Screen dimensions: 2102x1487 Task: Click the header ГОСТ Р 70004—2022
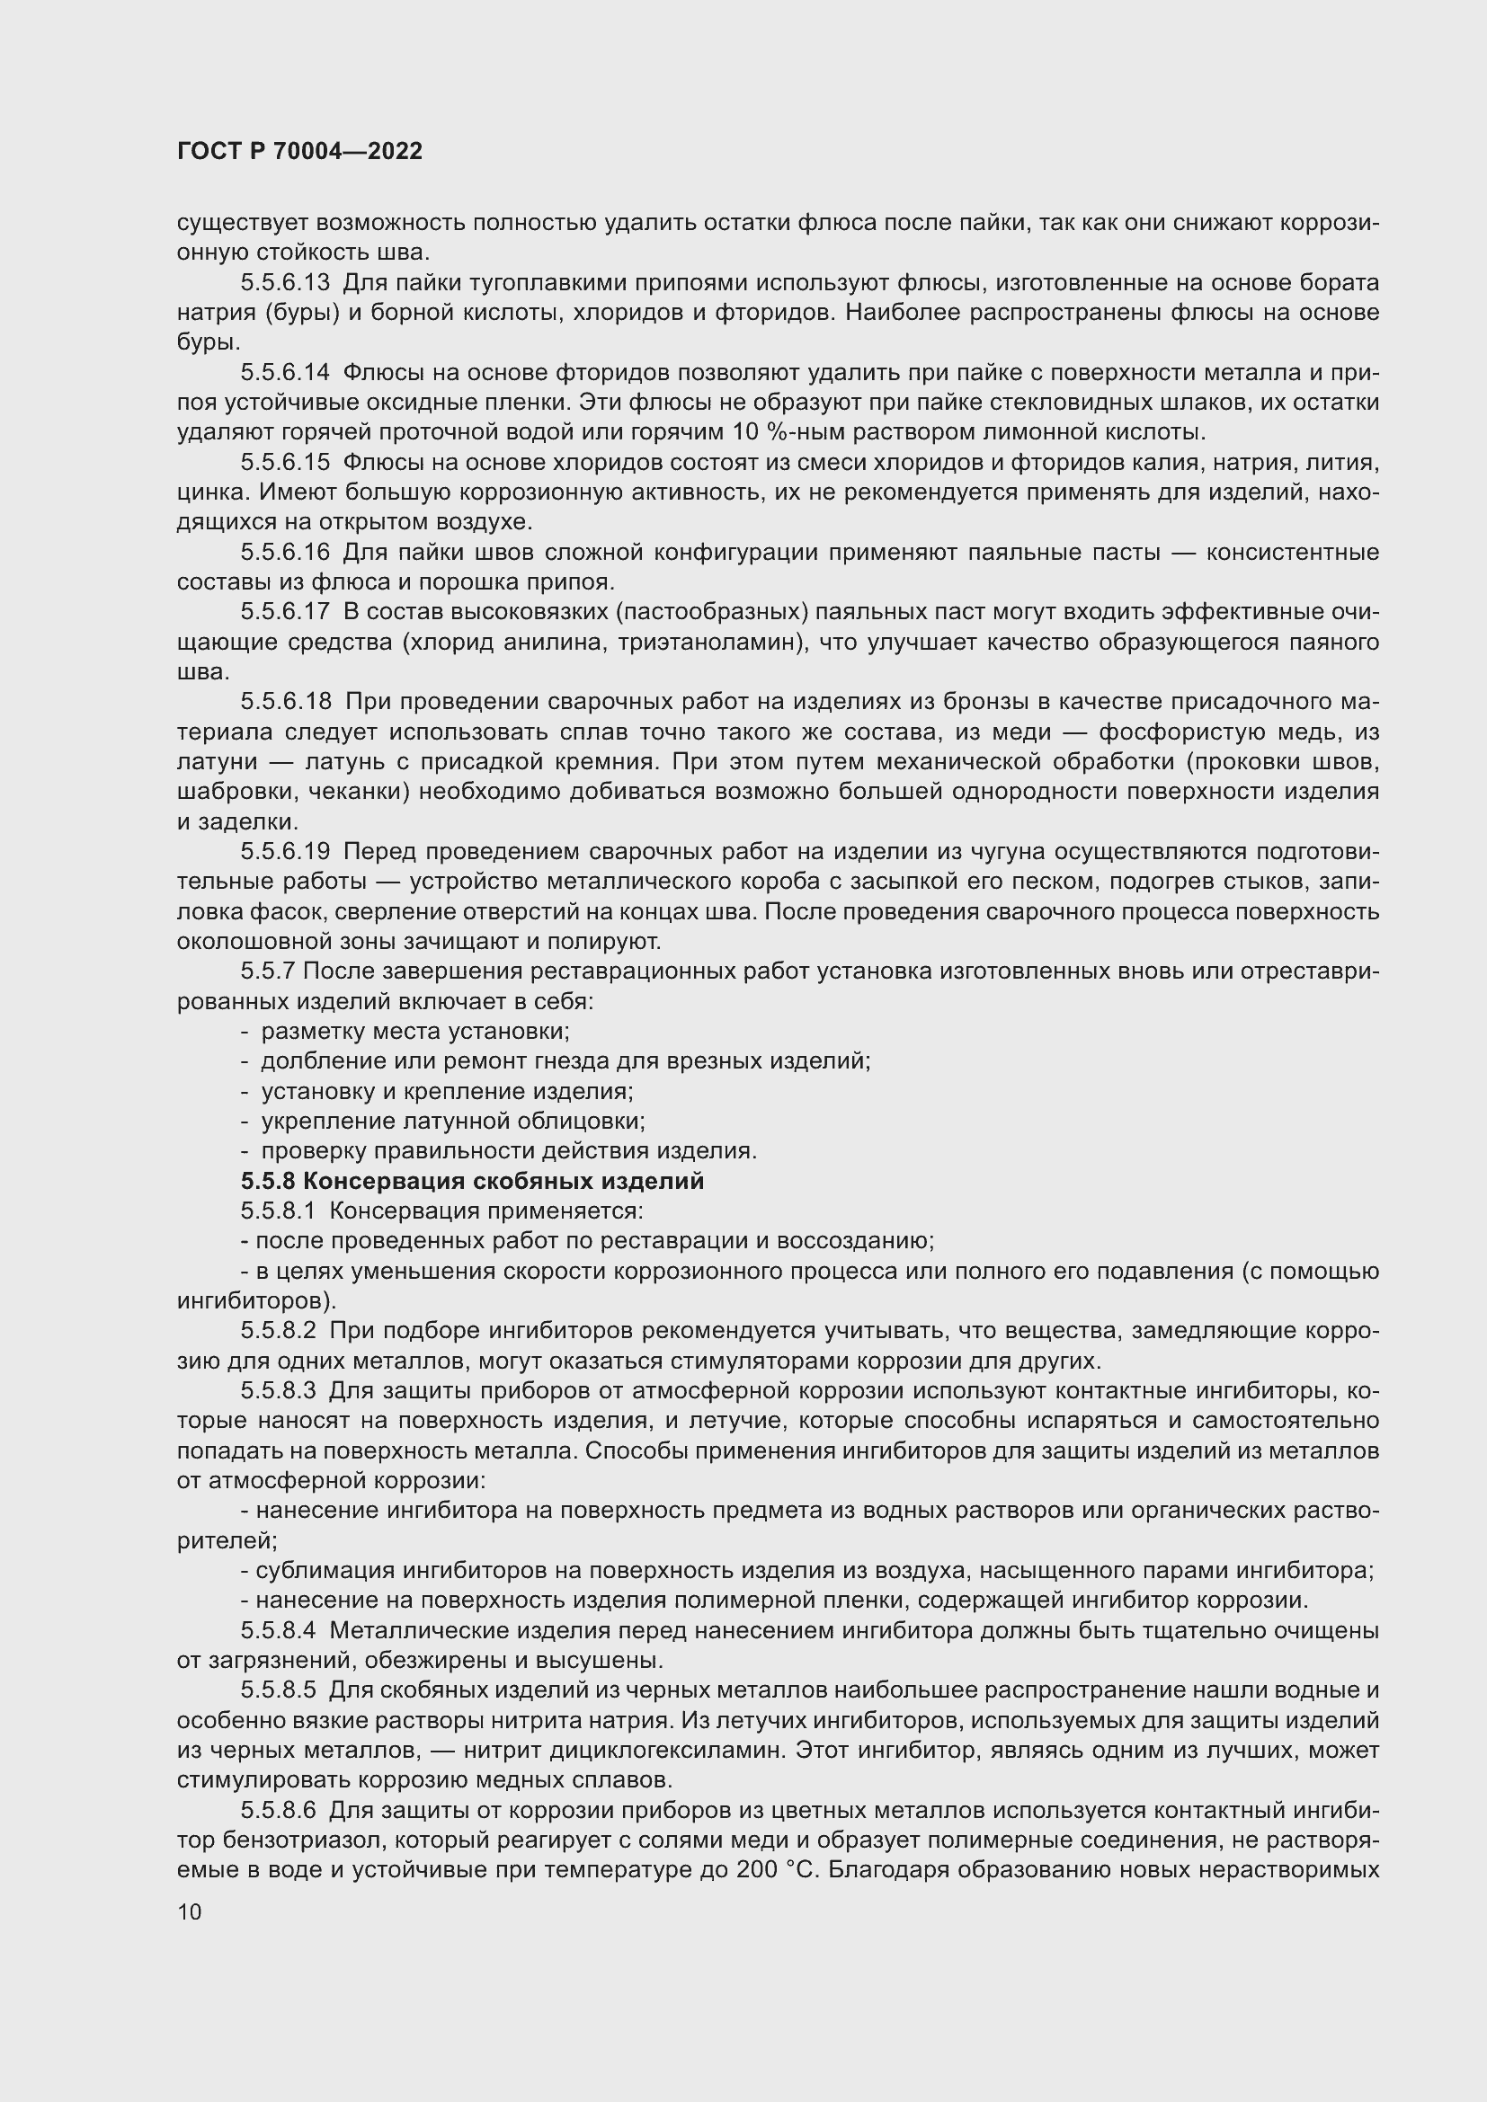pos(299,152)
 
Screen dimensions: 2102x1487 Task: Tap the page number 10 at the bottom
pos(190,1911)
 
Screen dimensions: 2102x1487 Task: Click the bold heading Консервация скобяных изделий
pos(503,1181)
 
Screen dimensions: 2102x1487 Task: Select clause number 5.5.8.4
pos(278,1630)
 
